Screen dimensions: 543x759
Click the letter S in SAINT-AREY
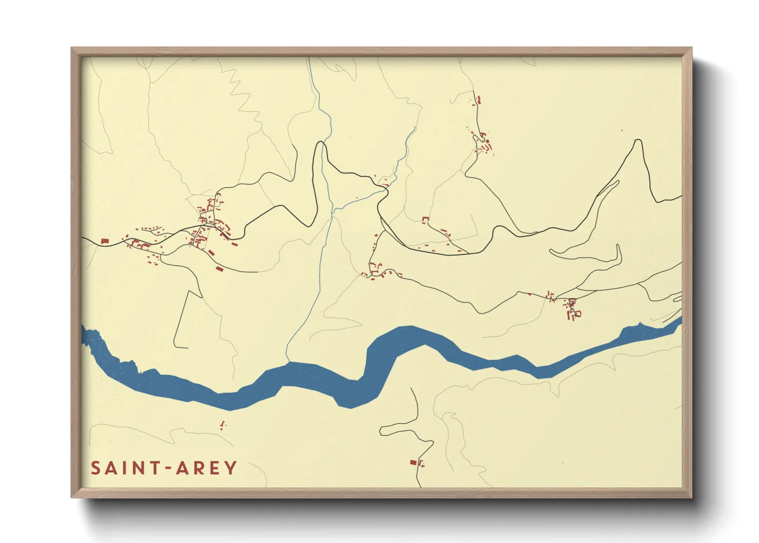click(96, 468)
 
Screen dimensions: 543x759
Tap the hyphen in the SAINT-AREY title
click(166, 469)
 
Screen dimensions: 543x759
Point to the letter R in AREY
click(198, 468)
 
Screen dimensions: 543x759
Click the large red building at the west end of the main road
click(105, 241)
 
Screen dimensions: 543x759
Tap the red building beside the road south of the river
click(413, 462)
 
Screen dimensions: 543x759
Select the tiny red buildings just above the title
click(223, 424)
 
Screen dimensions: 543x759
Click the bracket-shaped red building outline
click(425, 220)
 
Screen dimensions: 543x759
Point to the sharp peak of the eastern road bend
click(638, 140)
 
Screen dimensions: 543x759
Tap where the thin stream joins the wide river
click(287, 362)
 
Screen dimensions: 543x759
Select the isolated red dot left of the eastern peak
click(622, 130)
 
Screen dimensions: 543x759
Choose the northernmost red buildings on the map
click(478, 100)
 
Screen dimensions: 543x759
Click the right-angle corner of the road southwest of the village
click(189, 291)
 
